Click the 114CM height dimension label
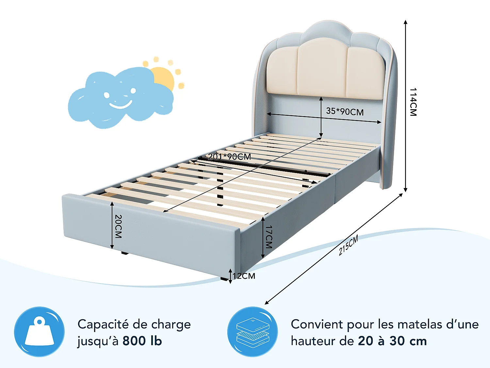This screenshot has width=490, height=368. coord(413,102)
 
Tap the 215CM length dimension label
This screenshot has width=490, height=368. coord(349,245)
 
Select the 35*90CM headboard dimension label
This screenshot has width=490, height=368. coord(345,111)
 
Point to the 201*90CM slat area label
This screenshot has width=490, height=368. coord(230,157)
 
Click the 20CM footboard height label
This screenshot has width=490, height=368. coord(118,226)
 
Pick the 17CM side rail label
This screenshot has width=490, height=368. coord(269,237)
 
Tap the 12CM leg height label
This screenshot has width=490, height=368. coord(244,276)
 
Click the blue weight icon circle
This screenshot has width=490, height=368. coord(39,332)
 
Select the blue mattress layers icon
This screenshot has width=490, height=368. coord(253,332)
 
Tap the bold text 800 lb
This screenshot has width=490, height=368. coord(142,341)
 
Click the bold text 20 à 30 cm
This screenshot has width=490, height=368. coord(392,341)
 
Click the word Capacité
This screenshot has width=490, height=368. coord(104,324)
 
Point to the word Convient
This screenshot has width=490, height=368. coord(317,324)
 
